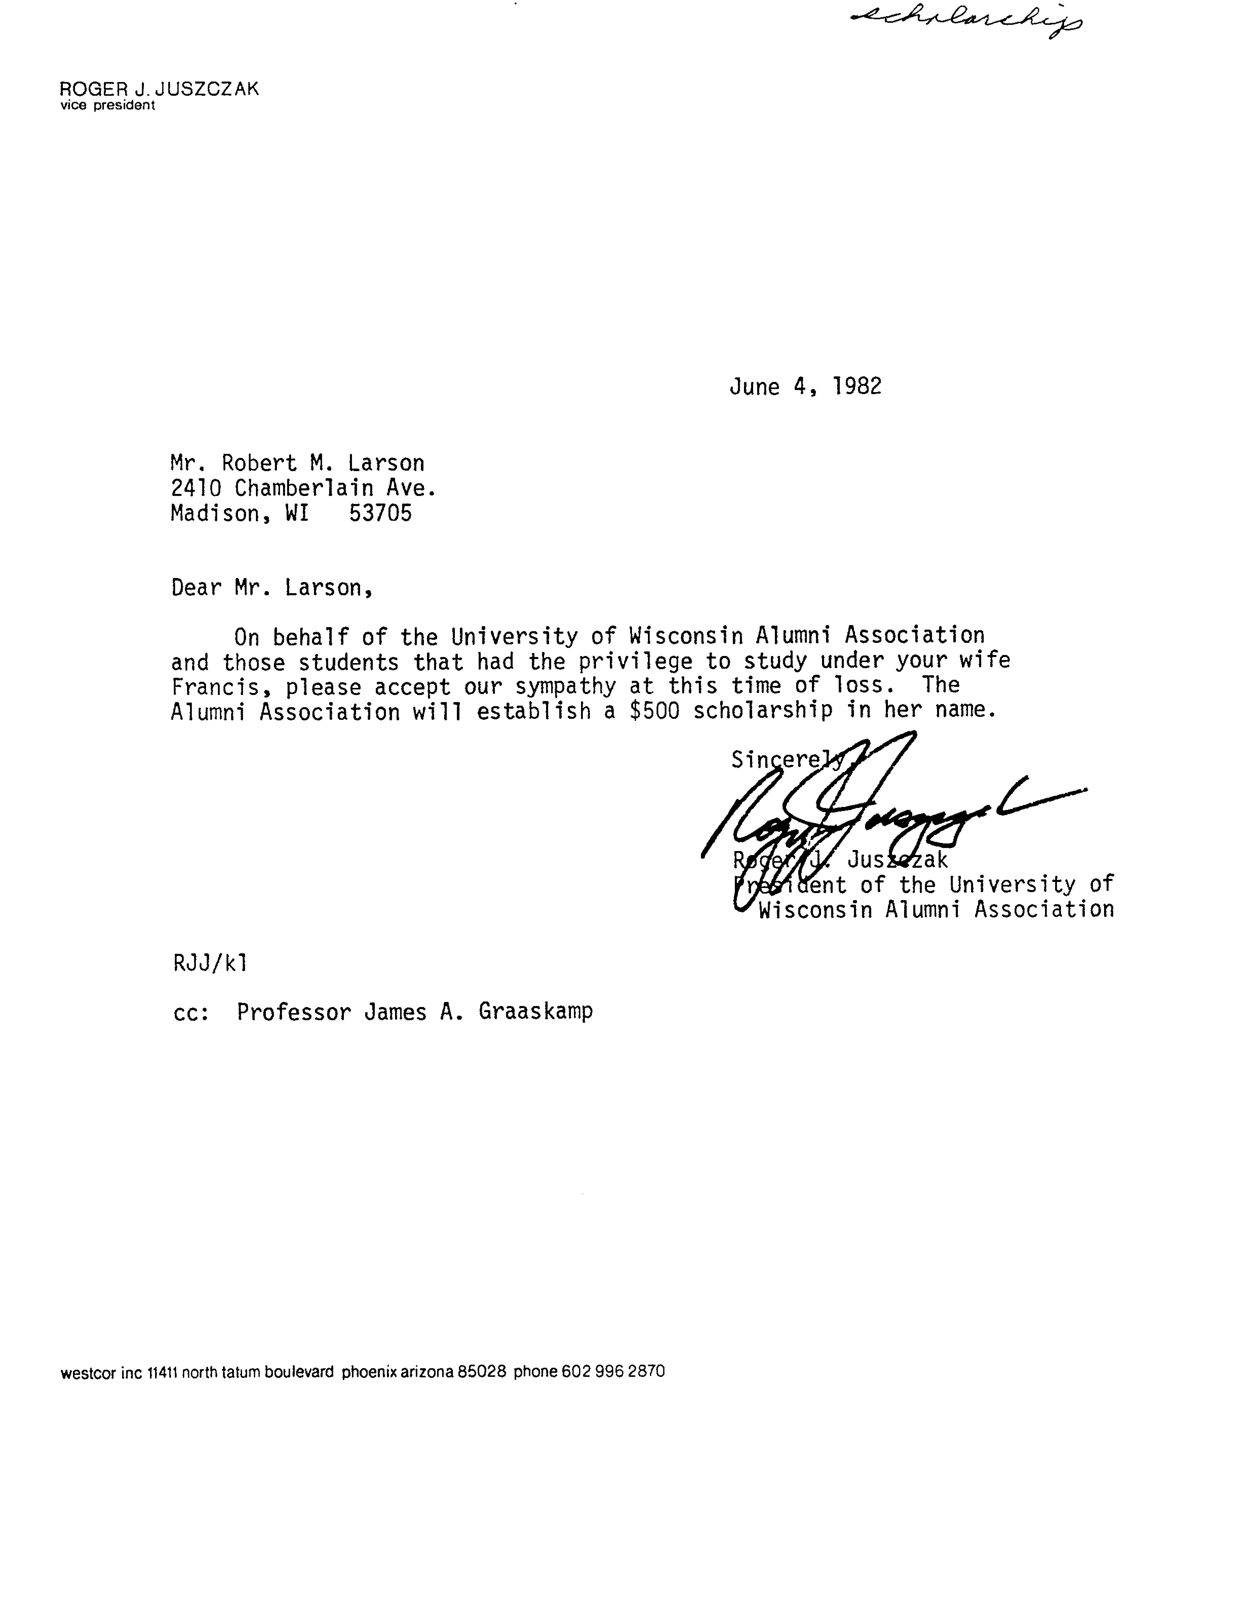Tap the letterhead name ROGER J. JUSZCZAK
point(159,89)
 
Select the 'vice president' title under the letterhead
point(108,105)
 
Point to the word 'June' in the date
point(754,387)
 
